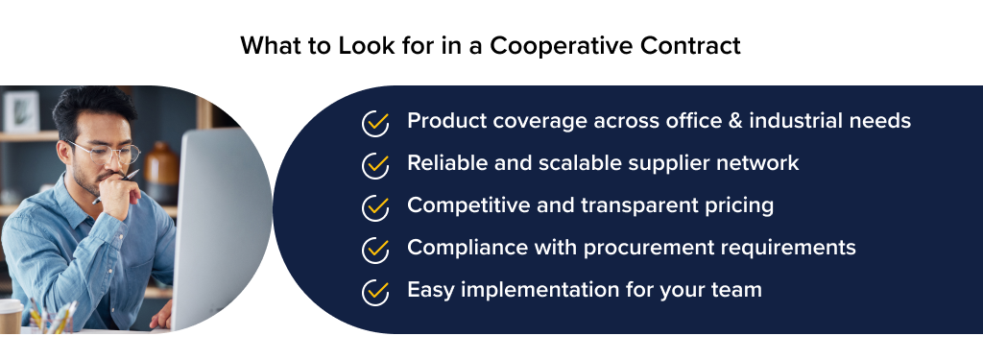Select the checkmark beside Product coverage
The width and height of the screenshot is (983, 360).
pos(375,123)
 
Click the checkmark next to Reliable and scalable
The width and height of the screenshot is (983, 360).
pos(375,165)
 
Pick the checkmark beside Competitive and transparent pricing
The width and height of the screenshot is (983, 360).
pos(375,207)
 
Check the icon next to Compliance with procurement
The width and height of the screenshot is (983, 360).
pos(375,250)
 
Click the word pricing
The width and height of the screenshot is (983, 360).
pos(738,205)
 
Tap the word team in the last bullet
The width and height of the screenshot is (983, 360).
pos(736,290)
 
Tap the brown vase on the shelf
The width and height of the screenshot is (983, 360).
pos(162,173)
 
